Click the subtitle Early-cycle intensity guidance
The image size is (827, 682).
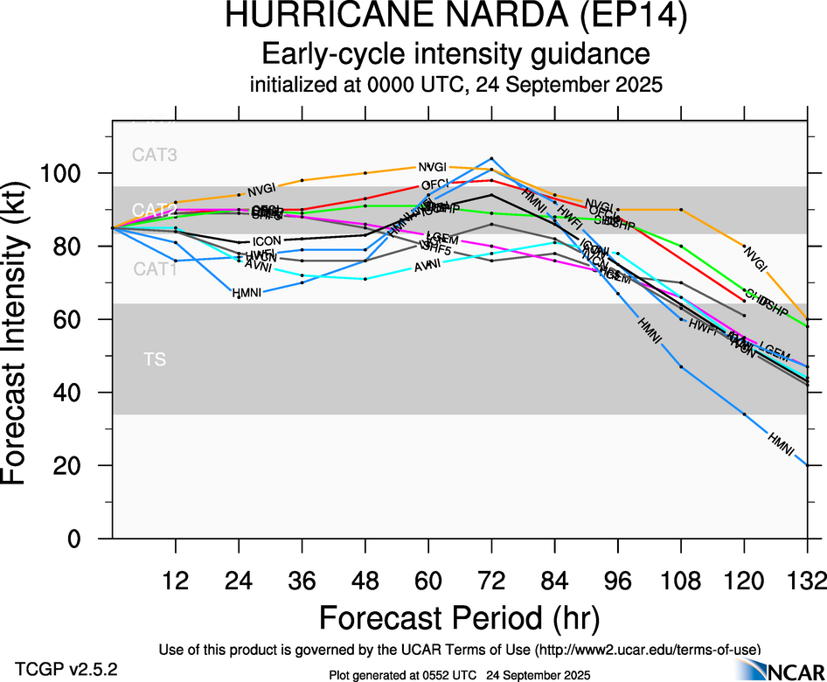(x=455, y=54)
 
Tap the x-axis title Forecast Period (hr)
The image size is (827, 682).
(x=459, y=617)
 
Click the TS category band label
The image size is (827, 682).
(x=155, y=359)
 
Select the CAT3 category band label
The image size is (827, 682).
(x=155, y=156)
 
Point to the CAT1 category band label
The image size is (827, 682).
(x=155, y=269)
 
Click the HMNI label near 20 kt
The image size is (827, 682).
(x=780, y=443)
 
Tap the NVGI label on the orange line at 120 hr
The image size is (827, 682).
(x=754, y=256)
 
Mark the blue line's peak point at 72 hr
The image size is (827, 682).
(x=491, y=159)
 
